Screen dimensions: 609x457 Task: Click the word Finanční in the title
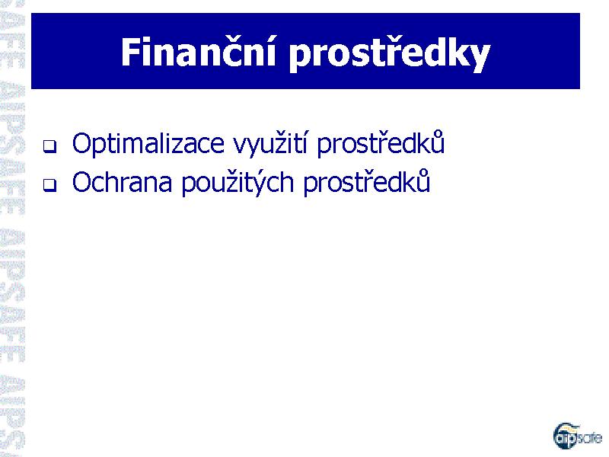[198, 53]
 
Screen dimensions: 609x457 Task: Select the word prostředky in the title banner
[389, 55]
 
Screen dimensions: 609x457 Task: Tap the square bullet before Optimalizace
[49, 146]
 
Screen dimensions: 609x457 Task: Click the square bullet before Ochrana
[49, 184]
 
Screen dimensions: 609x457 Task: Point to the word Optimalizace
[148, 144]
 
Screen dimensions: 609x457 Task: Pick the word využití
[271, 144]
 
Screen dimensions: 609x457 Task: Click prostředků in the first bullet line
[380, 143]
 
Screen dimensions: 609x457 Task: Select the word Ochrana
[122, 181]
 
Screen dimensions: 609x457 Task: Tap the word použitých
[238, 182]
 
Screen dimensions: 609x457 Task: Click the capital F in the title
[129, 53]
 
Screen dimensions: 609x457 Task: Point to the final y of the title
[480, 59]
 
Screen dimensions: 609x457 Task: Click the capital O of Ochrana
[83, 182]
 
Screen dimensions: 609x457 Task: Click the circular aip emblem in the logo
[565, 435]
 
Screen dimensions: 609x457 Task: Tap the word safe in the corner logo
[589, 438]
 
